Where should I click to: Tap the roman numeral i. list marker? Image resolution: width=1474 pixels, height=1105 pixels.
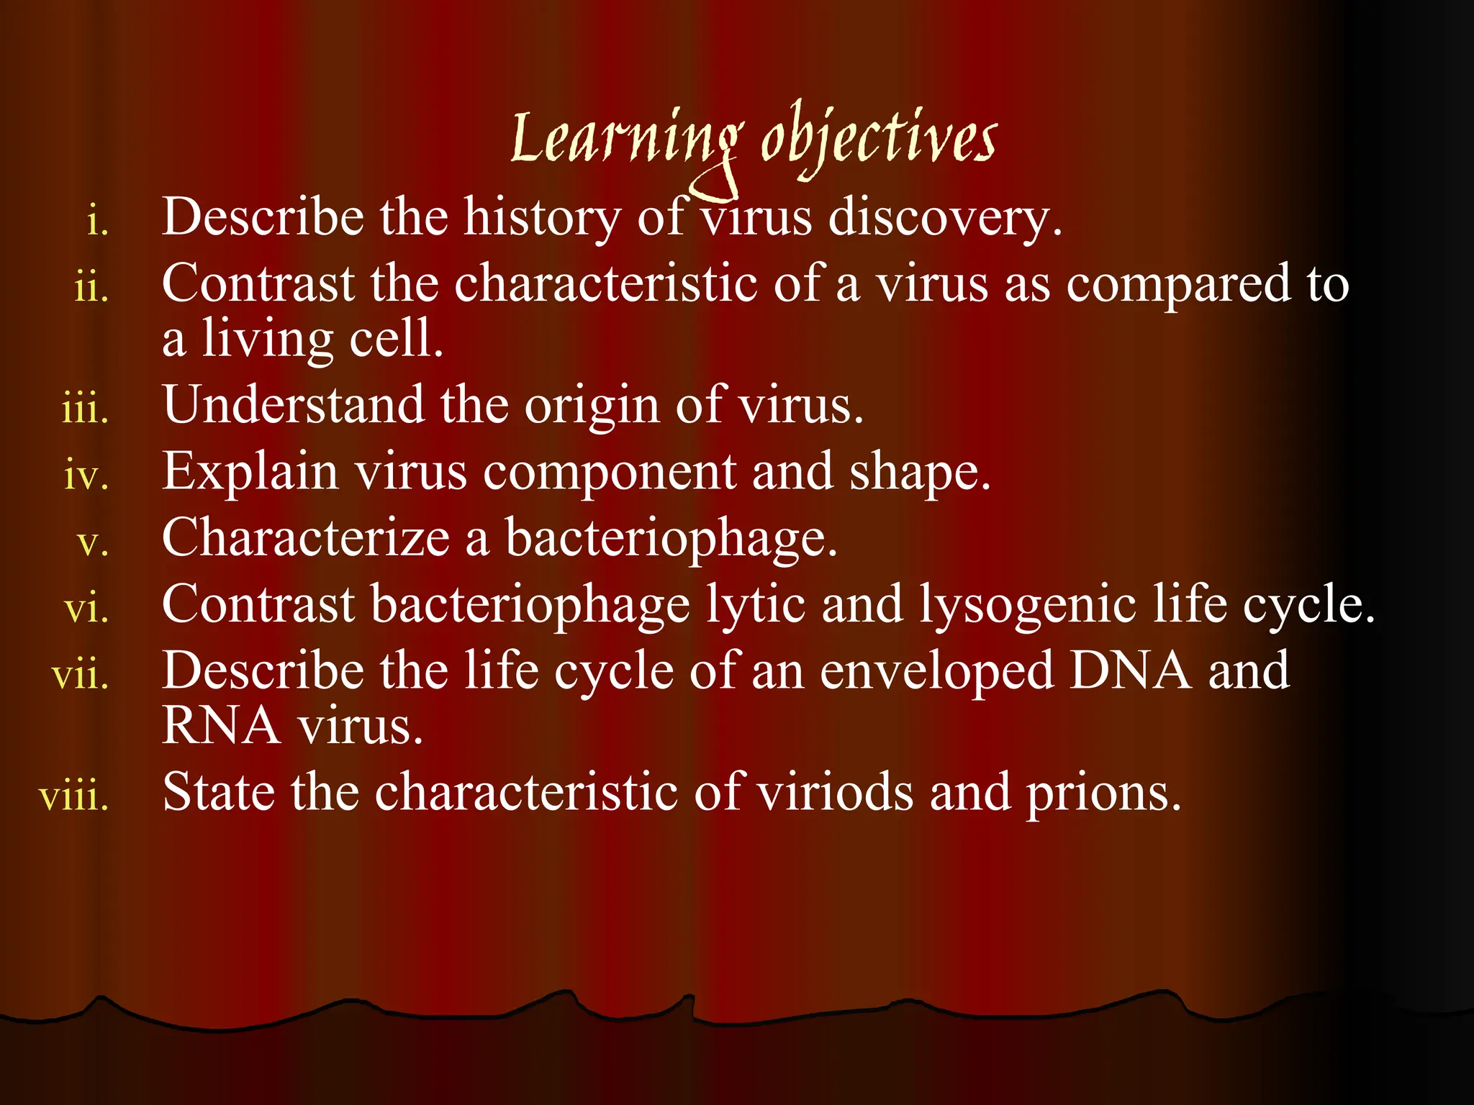[x=98, y=220]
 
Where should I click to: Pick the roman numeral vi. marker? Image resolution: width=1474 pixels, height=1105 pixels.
[x=87, y=609]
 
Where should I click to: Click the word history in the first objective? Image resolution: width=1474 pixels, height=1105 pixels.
[x=541, y=217]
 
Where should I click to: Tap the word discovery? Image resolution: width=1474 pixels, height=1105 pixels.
[x=944, y=217]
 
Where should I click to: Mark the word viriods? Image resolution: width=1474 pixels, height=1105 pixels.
[x=834, y=793]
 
